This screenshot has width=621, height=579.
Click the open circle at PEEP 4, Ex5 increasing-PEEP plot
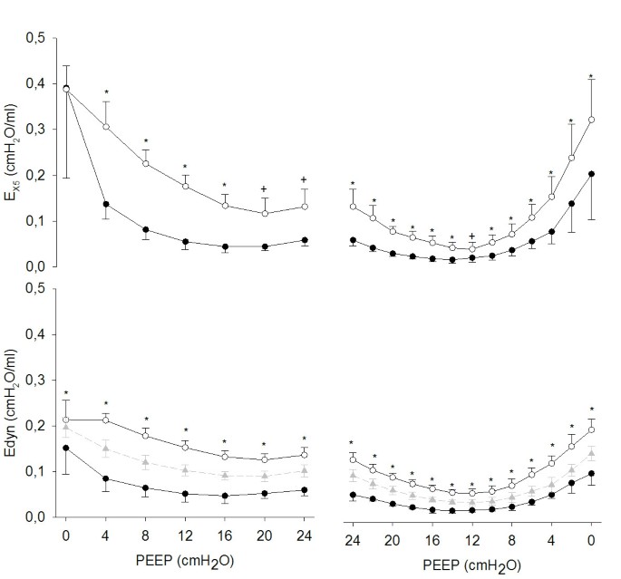point(106,127)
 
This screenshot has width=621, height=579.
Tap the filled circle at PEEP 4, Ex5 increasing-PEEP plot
point(106,205)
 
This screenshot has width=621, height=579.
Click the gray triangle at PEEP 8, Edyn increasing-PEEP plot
point(145,462)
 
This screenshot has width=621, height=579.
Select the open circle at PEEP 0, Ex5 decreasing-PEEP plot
point(591,120)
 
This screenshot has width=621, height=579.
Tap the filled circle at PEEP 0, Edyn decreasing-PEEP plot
point(591,473)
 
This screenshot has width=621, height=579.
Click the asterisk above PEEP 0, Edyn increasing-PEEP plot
point(66,391)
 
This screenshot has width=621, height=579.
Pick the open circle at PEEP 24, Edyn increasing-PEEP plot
point(305,455)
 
